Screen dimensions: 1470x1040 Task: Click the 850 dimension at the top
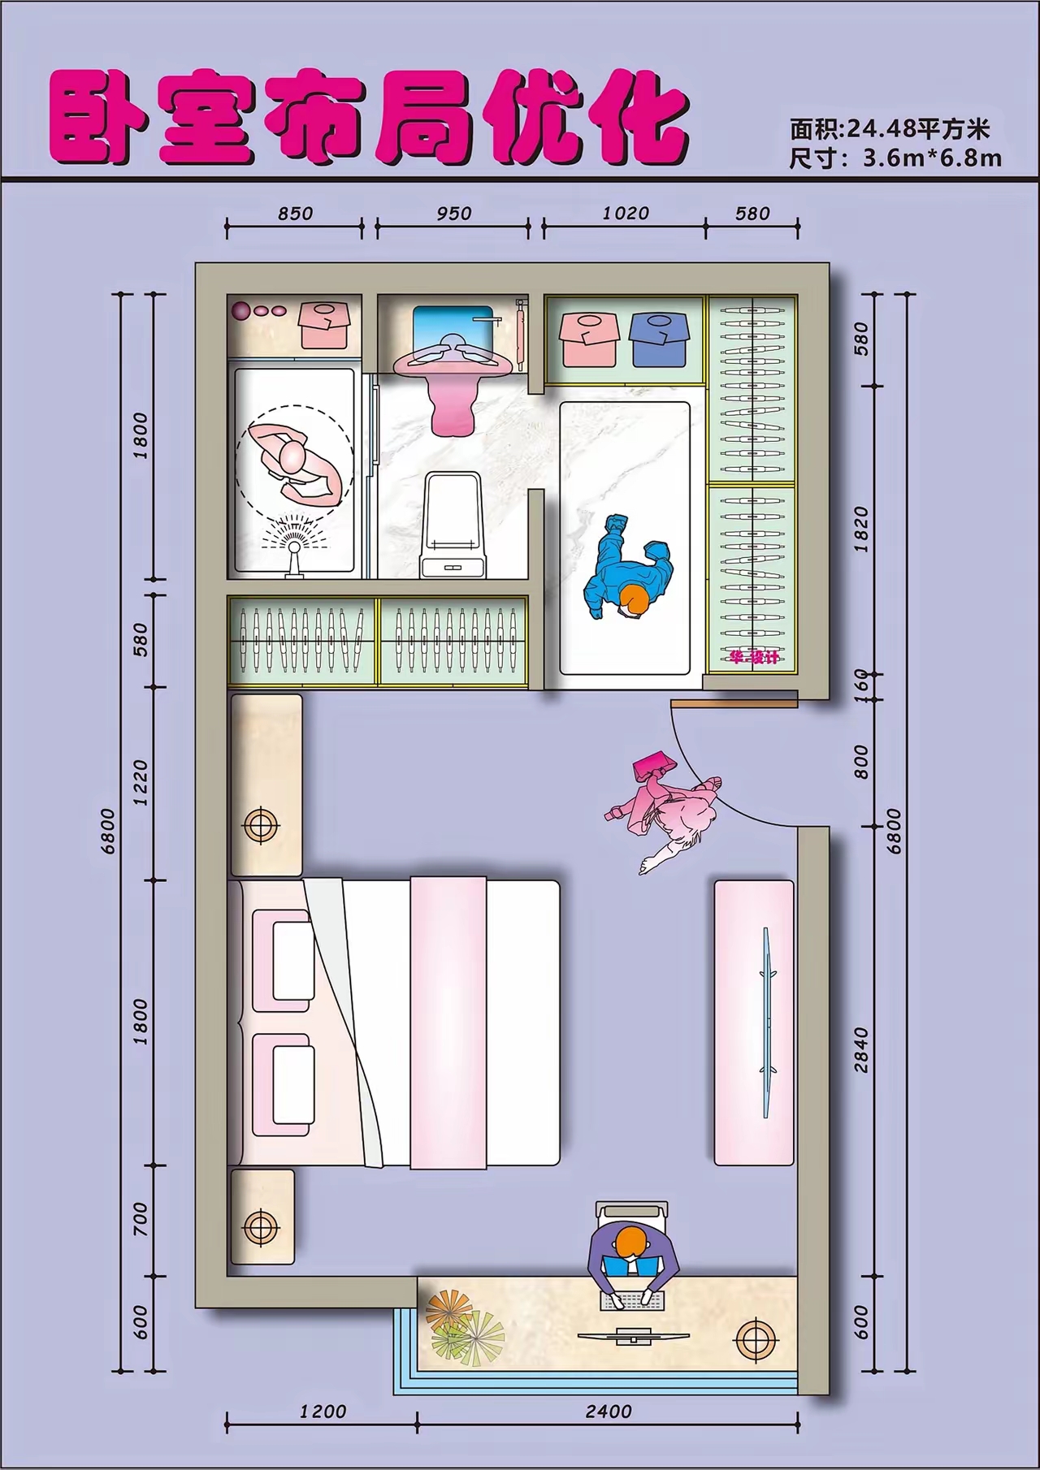click(x=295, y=214)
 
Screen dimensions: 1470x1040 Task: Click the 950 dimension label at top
click(x=453, y=214)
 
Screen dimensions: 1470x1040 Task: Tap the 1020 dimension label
click(x=626, y=214)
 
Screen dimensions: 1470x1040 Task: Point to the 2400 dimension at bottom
click(x=608, y=1412)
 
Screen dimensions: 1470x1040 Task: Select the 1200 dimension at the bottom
click(x=323, y=1412)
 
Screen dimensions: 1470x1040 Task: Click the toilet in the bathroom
click(x=453, y=526)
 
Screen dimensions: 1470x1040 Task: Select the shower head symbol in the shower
click(x=294, y=546)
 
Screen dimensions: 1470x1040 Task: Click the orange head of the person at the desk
click(x=632, y=1243)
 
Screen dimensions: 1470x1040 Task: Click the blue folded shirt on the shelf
click(x=659, y=339)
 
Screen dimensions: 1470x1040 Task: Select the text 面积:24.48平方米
click(x=889, y=128)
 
